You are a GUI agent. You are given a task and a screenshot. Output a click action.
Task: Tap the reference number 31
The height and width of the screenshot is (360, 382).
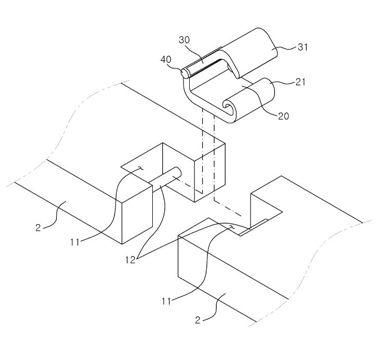point(302,48)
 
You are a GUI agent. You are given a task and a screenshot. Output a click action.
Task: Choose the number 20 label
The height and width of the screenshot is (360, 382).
point(284,115)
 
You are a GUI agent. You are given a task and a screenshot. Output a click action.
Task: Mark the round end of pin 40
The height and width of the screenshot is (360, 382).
point(185,73)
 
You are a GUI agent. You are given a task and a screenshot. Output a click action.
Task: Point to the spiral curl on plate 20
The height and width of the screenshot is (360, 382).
point(228,107)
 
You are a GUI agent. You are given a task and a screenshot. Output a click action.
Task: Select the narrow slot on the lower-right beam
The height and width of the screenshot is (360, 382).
point(254,227)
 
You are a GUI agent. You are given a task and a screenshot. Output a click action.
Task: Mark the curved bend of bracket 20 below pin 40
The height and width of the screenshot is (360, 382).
point(189,94)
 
